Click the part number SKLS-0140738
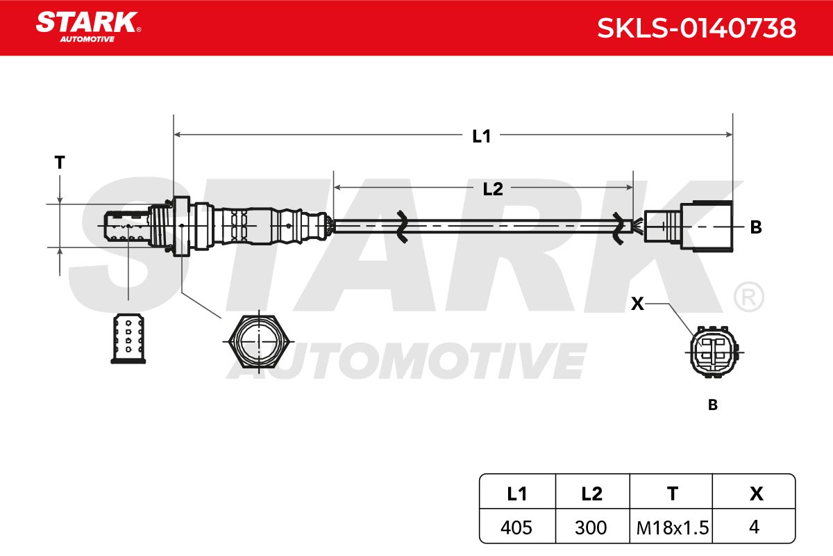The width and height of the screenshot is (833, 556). coord(696,28)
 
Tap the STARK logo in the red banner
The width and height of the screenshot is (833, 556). coord(88,27)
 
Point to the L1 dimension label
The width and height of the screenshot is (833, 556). coord(481,136)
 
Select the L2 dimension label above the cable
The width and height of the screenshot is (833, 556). coord(493,189)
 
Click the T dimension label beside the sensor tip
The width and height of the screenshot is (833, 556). coord(60,163)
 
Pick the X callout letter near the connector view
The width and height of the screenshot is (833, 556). coord(637,304)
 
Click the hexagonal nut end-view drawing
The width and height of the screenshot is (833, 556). coord(258,341)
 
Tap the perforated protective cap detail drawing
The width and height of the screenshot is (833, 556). coord(128,338)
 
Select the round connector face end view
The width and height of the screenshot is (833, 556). coord(714,352)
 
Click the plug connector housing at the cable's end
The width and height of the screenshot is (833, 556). coord(689,226)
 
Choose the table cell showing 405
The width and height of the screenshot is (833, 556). coord(516,528)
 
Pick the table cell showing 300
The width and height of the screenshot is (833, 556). coord(591,528)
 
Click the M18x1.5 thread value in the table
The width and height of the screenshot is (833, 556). coord(673,528)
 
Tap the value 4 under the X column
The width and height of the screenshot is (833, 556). coord(754,527)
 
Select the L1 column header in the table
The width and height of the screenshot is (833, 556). coord(517,494)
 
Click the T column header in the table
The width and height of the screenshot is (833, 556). coord(673,494)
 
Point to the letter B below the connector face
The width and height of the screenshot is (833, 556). coord(712,404)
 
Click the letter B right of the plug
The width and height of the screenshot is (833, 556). coord(756,227)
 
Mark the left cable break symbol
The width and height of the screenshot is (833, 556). coord(402,227)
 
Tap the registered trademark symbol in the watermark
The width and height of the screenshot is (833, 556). coord(749,297)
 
